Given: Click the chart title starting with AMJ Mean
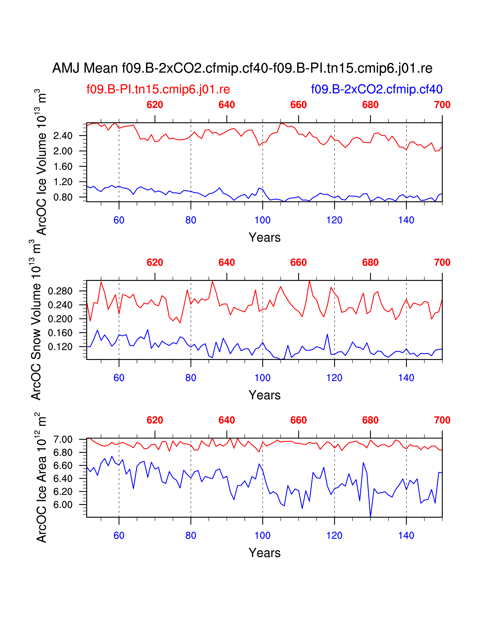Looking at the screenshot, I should coord(242,68).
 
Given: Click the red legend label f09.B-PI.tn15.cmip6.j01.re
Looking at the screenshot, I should coord(158,89).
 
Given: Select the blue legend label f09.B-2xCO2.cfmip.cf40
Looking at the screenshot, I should coord(377,89).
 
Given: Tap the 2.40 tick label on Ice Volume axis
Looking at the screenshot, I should coord(63,136).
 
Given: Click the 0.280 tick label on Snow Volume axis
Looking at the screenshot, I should coord(60,291).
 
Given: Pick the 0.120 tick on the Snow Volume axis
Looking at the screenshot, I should coord(60,347).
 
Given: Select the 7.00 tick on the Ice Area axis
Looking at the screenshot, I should coord(63,440).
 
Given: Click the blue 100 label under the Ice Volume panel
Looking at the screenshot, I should coord(262,220).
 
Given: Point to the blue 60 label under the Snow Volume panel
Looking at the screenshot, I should coord(119,378).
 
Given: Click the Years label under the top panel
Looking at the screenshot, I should coord(264,237).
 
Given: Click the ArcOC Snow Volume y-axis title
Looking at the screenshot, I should coord(36,320).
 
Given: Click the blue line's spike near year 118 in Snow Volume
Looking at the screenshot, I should coord(327,334).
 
